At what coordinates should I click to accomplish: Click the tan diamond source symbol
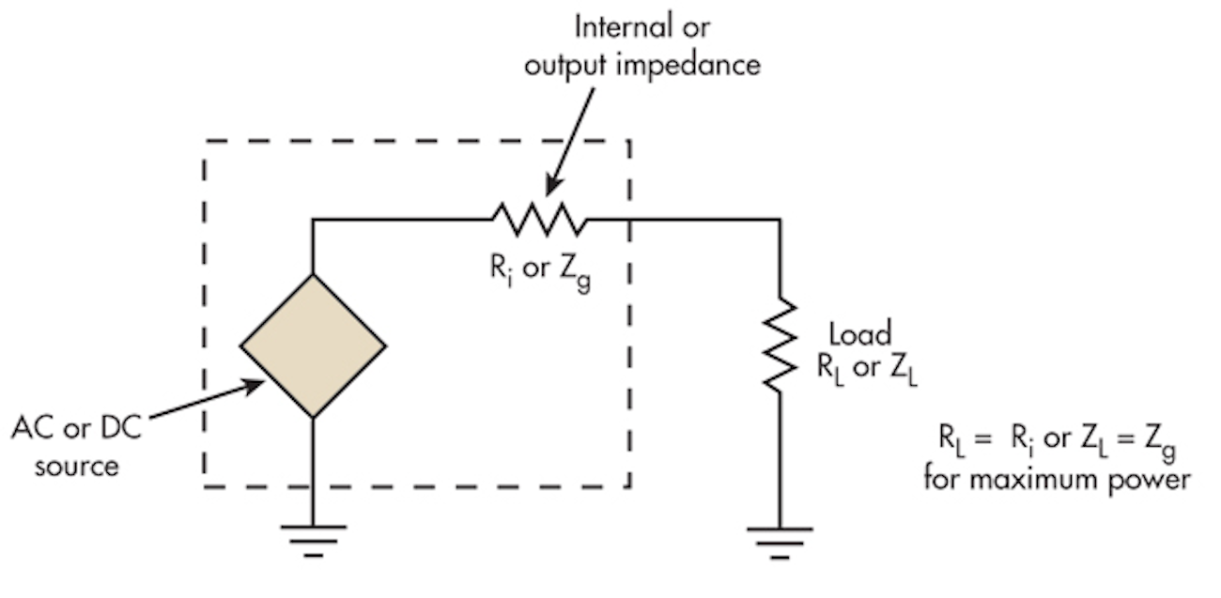click(x=313, y=345)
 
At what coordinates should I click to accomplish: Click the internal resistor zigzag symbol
click(x=538, y=220)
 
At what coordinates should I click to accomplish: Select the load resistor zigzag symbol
click(x=779, y=345)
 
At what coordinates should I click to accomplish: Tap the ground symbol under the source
click(x=313, y=539)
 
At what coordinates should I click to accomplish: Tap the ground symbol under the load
click(x=779, y=539)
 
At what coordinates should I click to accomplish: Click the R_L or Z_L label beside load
click(x=866, y=368)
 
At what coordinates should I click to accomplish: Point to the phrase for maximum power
click(x=1057, y=479)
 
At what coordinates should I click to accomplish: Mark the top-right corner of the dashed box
click(x=628, y=142)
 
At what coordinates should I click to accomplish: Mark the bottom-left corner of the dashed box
click(x=204, y=486)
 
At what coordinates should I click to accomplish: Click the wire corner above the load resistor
click(x=779, y=220)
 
